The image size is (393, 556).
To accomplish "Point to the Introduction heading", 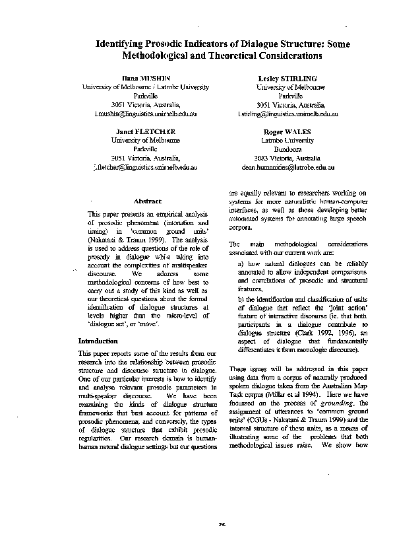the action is tap(98, 341).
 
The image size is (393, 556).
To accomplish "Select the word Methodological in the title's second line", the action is tap(156, 55).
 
